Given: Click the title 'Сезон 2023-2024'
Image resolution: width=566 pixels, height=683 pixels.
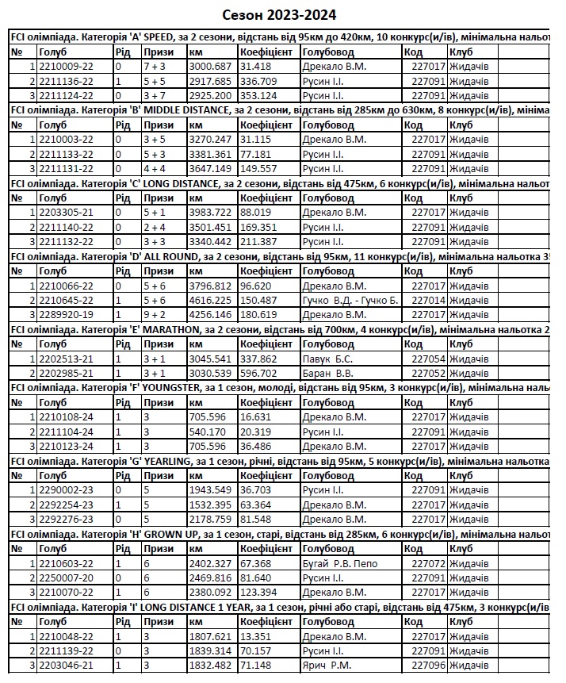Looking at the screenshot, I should coord(278,15).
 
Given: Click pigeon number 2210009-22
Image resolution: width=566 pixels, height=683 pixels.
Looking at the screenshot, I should coord(67,67).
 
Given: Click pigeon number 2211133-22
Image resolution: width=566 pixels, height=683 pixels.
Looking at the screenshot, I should coord(67,154).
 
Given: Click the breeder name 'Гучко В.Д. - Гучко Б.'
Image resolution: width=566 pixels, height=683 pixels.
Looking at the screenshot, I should coord(350,301).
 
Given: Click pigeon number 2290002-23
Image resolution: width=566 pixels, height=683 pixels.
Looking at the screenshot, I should coord(67,490).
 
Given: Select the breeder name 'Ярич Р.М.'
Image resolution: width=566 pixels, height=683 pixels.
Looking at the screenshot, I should coord(327,666).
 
